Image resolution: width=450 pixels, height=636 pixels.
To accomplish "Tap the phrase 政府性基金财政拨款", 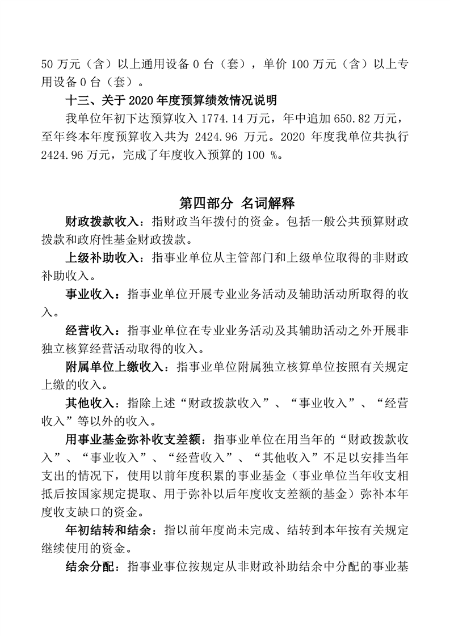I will [x=142, y=238].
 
